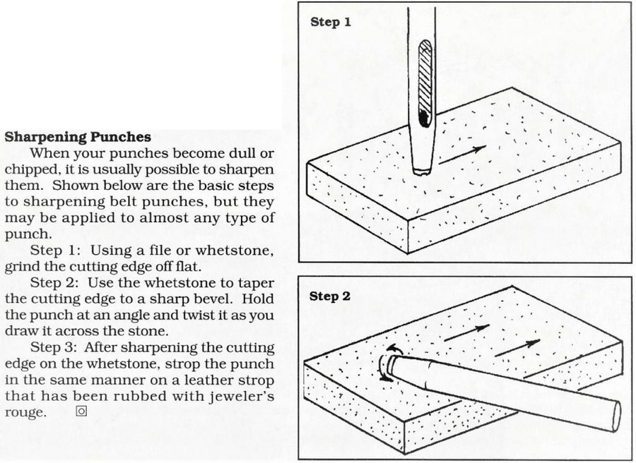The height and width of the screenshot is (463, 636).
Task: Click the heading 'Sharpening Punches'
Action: click(78, 137)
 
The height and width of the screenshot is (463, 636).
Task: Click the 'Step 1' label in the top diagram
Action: click(330, 22)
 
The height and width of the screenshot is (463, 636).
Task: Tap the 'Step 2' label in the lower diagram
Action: click(329, 296)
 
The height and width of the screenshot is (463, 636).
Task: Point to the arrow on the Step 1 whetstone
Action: click(462, 155)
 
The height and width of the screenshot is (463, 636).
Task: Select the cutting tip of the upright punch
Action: click(422, 172)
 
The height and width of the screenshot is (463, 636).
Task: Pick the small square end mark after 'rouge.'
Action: click(81, 411)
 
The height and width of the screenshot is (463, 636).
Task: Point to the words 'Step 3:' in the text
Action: click(54, 347)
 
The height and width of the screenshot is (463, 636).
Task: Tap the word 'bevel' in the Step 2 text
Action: click(214, 299)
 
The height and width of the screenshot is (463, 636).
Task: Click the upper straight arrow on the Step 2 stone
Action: click(467, 332)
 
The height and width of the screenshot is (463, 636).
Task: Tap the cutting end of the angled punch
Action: click(391, 364)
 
